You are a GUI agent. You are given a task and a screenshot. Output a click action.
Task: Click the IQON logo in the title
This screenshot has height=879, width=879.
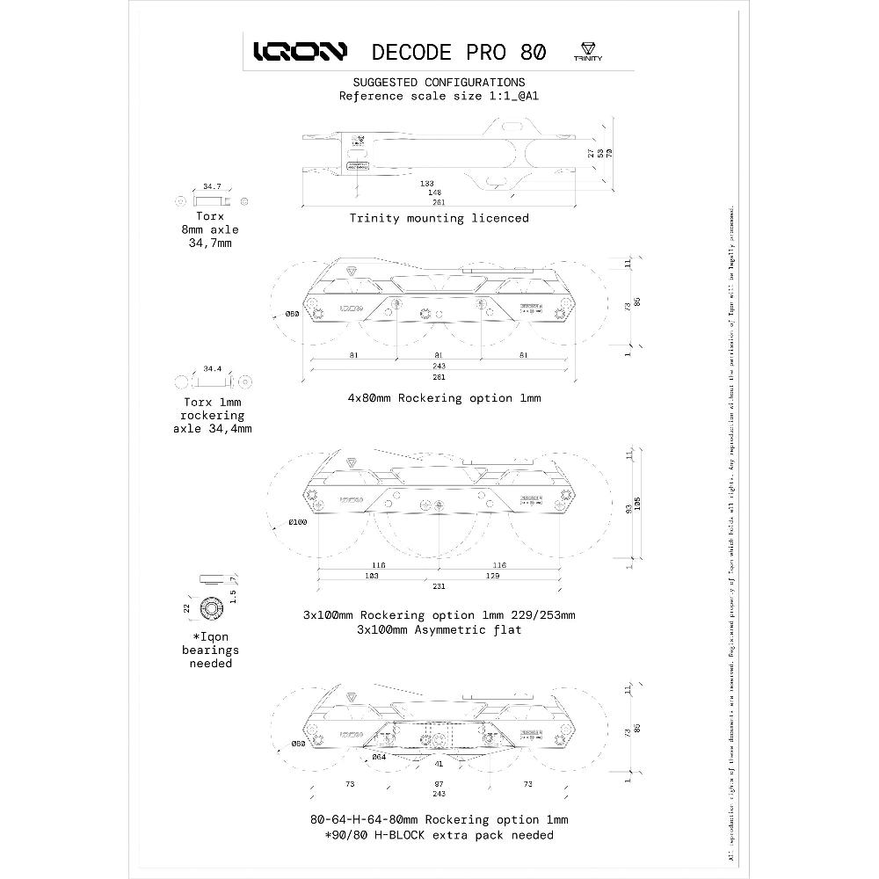(300, 52)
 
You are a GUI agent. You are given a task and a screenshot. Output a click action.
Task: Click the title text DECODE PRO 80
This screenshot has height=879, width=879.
(458, 52)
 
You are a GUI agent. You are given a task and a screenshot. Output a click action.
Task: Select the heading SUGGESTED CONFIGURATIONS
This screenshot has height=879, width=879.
(439, 82)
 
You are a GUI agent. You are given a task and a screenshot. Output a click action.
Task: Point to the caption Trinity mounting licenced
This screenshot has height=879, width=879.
(439, 217)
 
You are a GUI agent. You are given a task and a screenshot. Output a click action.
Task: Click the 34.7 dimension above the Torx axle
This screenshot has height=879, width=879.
(212, 187)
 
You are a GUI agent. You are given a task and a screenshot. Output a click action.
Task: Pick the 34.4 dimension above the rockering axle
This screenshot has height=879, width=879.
(212, 368)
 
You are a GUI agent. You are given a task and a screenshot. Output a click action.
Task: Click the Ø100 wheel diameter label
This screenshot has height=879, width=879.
(298, 523)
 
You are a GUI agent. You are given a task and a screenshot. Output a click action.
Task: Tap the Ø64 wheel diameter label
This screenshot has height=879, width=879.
(379, 756)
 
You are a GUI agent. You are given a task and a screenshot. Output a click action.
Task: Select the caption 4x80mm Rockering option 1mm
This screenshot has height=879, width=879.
(444, 397)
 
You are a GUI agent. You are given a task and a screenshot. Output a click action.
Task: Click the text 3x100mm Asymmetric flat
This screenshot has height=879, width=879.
(439, 629)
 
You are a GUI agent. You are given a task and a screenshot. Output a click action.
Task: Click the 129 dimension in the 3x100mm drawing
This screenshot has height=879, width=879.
(492, 575)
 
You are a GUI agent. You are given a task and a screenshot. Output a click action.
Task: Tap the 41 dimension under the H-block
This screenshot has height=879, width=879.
(439, 765)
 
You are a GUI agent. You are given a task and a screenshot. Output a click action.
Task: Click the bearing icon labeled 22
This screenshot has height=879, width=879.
(210, 608)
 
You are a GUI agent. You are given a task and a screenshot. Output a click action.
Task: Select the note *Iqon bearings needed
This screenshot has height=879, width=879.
(210, 650)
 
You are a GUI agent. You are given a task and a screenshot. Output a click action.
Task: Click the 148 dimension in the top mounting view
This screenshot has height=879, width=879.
(434, 193)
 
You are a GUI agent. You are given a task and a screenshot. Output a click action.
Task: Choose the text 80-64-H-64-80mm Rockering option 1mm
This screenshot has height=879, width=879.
(439, 819)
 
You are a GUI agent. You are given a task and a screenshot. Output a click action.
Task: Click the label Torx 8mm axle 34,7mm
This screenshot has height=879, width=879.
(210, 229)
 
